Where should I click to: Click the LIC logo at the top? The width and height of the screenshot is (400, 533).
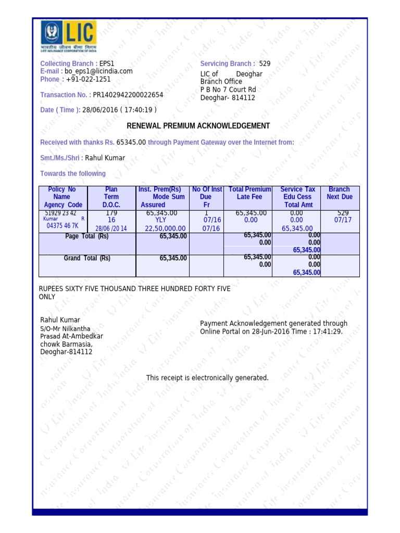point(68,36)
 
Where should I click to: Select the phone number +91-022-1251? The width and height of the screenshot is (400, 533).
point(88,80)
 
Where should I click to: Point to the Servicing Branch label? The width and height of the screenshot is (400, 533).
point(228,64)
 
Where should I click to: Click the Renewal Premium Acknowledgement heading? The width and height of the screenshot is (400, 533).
point(198,126)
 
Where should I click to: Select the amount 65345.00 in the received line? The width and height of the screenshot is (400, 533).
point(131,142)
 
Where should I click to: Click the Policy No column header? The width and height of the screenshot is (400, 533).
point(61,189)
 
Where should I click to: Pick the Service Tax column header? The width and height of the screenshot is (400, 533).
point(297,189)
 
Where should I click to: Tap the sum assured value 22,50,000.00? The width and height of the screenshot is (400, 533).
point(165,229)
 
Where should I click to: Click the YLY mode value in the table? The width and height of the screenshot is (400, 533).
point(161,220)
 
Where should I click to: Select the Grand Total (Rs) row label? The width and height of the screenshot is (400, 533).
point(87,258)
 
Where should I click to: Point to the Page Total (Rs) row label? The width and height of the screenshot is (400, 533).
point(87,236)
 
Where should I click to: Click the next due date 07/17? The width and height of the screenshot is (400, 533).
point(343,220)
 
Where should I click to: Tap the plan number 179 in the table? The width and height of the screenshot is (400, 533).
point(111,213)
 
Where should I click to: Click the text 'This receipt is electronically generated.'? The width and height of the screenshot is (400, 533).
point(207,377)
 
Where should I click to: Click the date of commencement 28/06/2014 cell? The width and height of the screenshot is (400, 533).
point(111,229)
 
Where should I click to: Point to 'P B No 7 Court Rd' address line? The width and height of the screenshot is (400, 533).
point(228,90)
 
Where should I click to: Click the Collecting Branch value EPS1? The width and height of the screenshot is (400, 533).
point(107,64)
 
